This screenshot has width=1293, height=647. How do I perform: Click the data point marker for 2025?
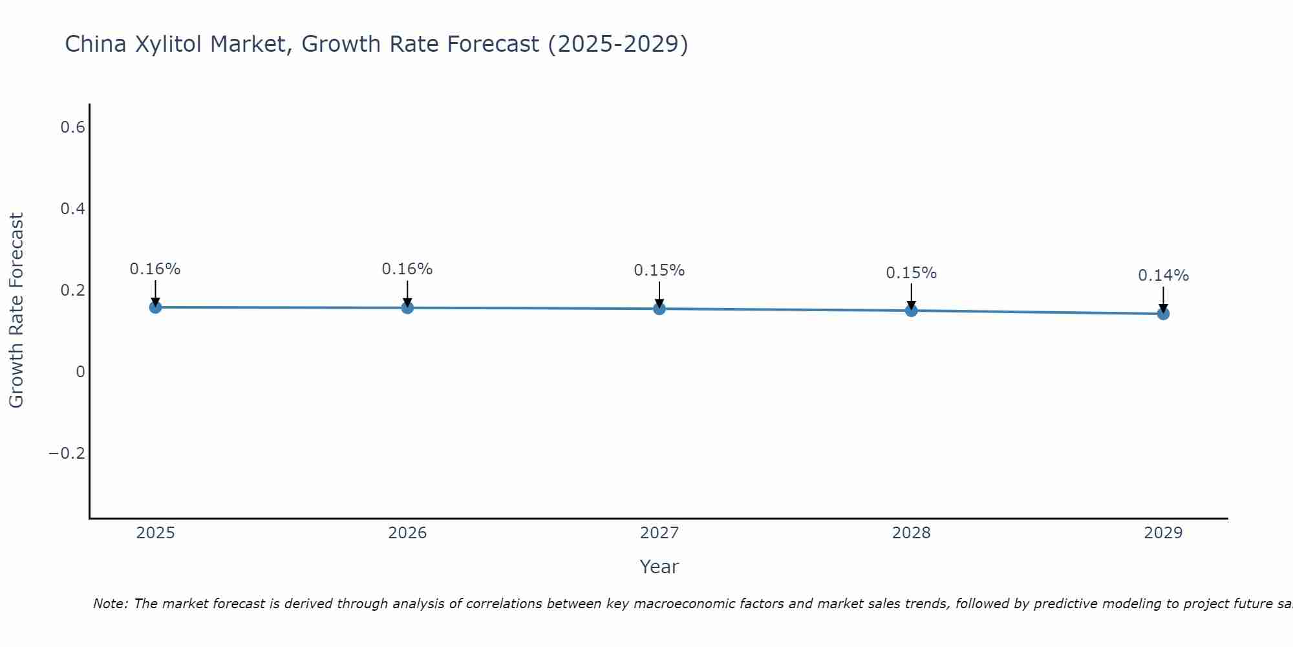click(155, 307)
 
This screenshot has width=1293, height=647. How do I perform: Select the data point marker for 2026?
click(407, 308)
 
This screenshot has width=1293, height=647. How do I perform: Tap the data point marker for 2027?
click(659, 309)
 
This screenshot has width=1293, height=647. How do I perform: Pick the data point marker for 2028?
click(912, 311)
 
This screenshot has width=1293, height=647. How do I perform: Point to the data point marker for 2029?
click(1163, 314)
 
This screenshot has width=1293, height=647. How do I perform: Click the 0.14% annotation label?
click(1163, 276)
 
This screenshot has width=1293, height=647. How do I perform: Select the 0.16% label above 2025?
click(155, 269)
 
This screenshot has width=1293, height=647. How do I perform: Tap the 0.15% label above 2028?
click(911, 273)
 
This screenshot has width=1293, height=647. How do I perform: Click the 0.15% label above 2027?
click(659, 270)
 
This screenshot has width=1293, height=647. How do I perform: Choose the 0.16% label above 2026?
click(407, 269)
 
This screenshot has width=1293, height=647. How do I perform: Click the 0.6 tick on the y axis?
click(72, 127)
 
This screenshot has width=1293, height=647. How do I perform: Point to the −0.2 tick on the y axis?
click(67, 454)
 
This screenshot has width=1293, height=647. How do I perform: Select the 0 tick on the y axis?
click(80, 372)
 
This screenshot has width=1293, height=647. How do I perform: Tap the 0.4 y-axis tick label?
click(72, 209)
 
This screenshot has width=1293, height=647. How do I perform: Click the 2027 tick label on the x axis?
click(659, 533)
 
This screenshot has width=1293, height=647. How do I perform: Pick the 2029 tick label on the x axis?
click(1163, 533)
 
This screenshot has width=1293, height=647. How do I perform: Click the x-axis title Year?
click(659, 567)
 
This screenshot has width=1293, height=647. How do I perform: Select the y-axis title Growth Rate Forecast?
click(16, 311)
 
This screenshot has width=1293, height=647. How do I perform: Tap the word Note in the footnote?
click(110, 604)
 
